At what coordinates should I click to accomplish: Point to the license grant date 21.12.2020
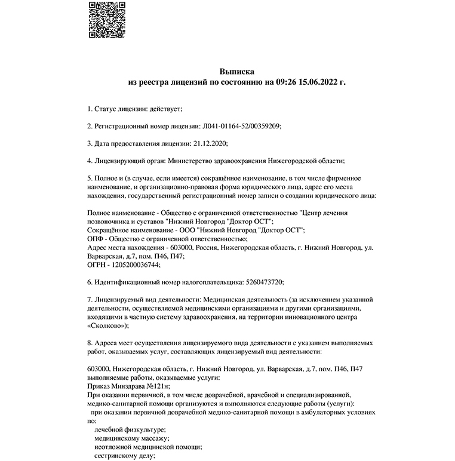point(211,143)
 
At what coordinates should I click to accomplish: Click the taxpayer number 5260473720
point(264,281)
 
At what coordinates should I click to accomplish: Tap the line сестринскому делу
point(124,455)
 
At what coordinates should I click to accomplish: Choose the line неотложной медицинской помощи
point(148,447)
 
